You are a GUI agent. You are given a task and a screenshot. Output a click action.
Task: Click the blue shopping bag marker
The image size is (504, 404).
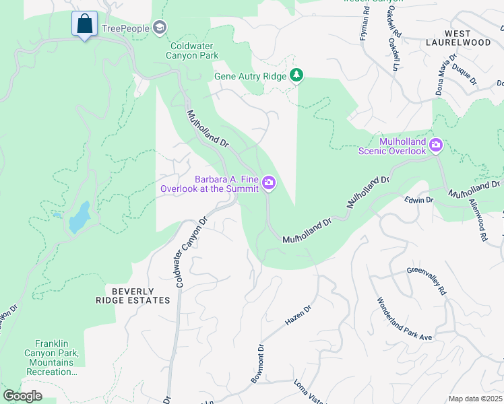click(x=84, y=24)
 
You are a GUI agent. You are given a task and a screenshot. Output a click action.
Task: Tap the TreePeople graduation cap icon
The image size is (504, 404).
click(x=160, y=28)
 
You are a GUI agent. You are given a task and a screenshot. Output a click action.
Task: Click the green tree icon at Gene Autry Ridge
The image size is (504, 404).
click(x=296, y=75)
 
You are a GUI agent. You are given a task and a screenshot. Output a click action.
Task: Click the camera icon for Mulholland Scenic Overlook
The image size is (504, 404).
click(x=436, y=145)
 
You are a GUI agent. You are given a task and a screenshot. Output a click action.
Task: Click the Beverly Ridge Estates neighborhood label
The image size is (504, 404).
click(x=132, y=296)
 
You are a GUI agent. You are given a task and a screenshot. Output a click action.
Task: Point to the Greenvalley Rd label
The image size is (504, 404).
click(x=427, y=279)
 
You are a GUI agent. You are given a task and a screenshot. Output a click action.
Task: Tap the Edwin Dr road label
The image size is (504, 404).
click(x=418, y=200)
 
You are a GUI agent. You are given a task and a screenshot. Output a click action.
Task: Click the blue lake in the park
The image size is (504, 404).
click(x=79, y=216)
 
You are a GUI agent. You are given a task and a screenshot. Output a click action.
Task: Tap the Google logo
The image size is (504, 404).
click(x=22, y=396)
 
